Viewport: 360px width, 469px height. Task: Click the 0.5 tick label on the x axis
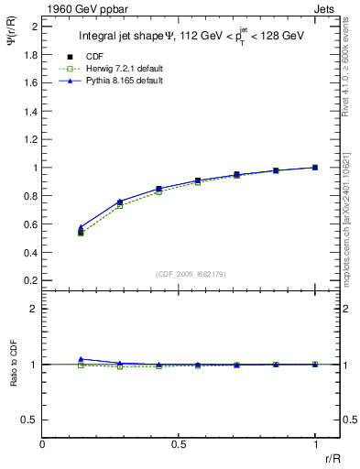pyautogui.click(x=179, y=443)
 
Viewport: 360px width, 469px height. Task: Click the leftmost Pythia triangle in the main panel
pyautogui.click(x=81, y=227)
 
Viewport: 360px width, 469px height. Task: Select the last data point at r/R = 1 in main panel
pyautogui.click(x=315, y=168)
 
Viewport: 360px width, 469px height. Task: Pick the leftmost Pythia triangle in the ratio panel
pyautogui.click(x=81, y=359)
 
